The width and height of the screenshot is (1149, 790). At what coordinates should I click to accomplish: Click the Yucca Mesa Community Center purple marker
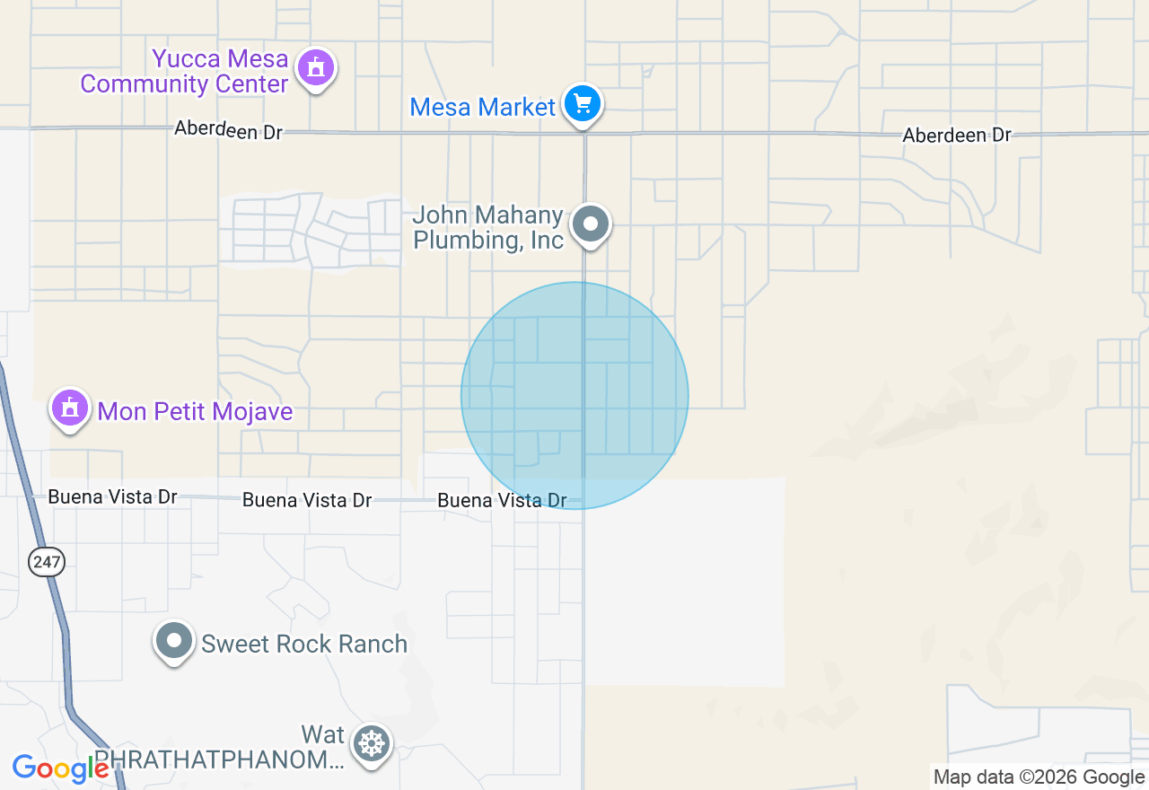(315, 68)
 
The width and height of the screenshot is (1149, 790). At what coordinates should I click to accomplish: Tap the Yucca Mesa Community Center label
(184, 72)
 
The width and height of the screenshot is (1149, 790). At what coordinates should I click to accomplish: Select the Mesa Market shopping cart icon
(583, 104)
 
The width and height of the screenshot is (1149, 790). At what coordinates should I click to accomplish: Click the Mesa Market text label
(482, 108)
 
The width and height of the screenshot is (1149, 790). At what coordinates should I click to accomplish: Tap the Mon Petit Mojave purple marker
(70, 408)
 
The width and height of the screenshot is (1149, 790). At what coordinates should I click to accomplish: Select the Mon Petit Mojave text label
(195, 412)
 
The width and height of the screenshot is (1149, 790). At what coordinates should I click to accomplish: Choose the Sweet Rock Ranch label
(304, 644)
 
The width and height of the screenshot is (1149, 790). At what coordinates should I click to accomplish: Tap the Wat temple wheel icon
(371, 744)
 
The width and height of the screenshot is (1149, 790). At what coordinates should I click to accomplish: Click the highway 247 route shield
(46, 563)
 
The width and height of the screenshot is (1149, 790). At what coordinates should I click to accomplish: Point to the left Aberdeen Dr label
(228, 130)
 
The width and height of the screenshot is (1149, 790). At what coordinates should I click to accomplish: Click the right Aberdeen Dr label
(957, 136)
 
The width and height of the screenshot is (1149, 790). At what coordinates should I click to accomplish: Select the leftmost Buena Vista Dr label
(112, 496)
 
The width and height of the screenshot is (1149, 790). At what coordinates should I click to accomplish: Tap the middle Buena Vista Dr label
(307, 500)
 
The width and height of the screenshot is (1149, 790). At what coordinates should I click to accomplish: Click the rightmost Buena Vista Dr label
(502, 500)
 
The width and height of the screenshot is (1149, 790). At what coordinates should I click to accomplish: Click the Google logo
(60, 769)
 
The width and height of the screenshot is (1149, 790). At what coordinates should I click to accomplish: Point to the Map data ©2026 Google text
(1039, 777)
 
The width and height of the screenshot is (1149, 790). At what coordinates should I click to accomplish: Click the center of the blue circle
(574, 396)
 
